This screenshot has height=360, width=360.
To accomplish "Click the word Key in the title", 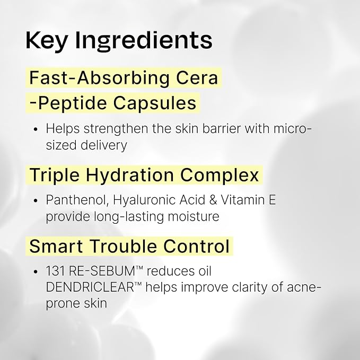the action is (x=47, y=41).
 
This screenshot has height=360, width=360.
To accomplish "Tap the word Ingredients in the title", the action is (x=144, y=41).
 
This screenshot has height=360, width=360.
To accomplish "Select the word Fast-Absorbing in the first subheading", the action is (x=100, y=77).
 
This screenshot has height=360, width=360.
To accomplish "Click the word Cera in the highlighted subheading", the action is (x=197, y=77).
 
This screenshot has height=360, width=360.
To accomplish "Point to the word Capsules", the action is (x=155, y=103).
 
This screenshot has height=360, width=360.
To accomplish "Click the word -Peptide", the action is (x=68, y=103).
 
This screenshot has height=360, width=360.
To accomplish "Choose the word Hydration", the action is (x=130, y=175).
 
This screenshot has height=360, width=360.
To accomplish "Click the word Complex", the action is (x=219, y=175).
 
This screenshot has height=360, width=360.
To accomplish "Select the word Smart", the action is (x=56, y=246).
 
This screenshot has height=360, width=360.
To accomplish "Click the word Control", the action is (x=196, y=246).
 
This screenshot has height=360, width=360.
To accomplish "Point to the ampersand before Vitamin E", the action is (x=213, y=200).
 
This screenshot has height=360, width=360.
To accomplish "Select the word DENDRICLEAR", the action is (x=90, y=287).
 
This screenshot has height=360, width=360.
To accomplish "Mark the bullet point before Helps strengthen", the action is (x=36, y=129).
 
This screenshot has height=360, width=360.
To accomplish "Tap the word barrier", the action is (x=221, y=128).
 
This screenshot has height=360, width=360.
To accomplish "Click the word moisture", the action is (x=194, y=216).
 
